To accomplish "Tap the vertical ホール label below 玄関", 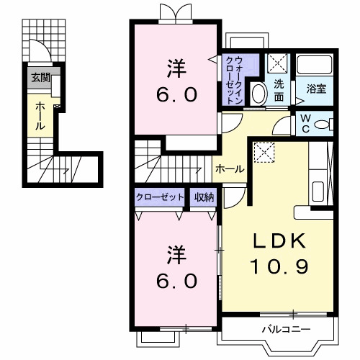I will pos(40,114).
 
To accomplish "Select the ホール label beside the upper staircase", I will pos(230,168).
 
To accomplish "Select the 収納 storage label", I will pos(204,197).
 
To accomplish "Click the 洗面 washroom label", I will pos(278,89).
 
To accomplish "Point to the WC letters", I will pos(305,122).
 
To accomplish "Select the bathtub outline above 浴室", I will pos(315,66).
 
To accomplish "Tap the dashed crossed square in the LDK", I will pos(266,152).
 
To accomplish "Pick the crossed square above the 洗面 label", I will pos(277,63).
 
